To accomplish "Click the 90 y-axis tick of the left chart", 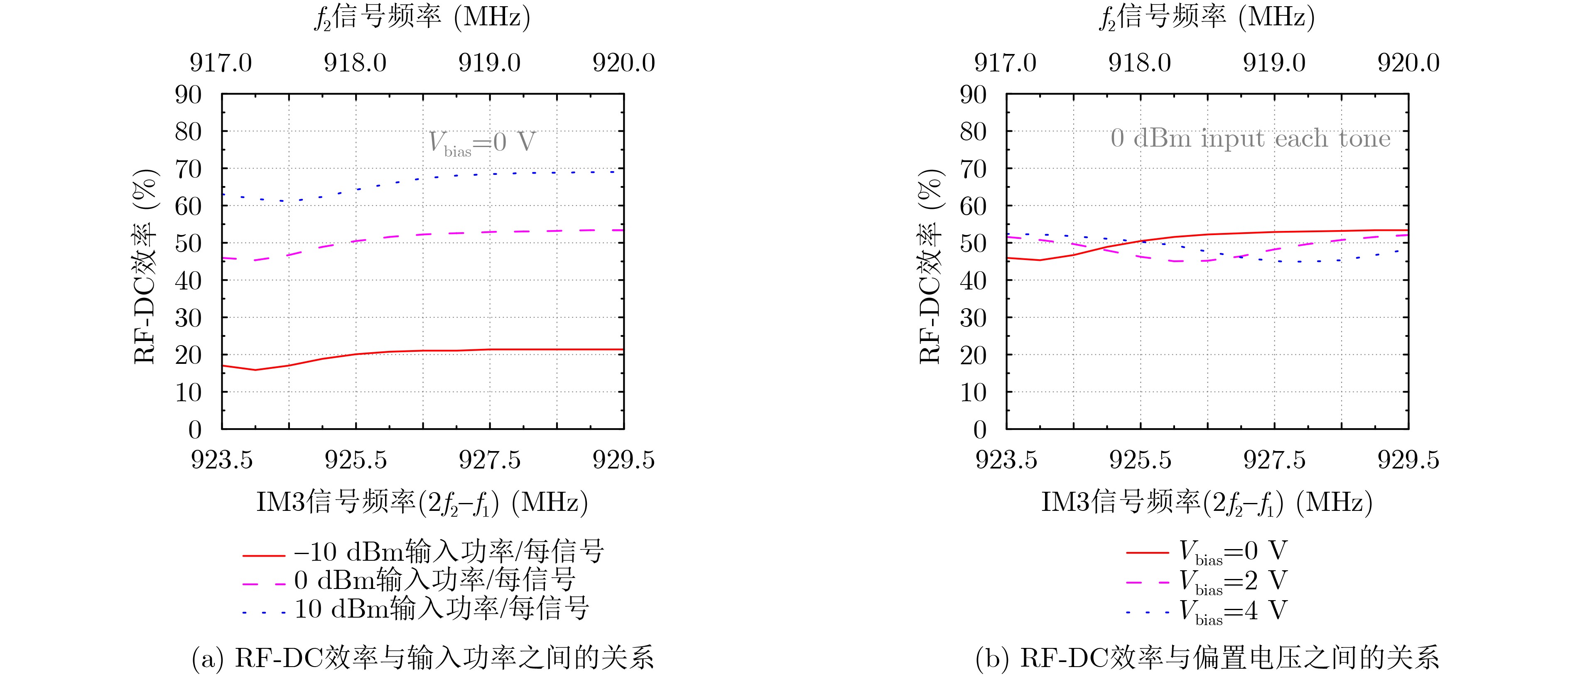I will (x=188, y=95).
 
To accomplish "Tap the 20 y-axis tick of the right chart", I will (x=973, y=355).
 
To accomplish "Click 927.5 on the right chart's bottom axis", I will (x=1274, y=460).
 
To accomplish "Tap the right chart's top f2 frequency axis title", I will (x=1207, y=17).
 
